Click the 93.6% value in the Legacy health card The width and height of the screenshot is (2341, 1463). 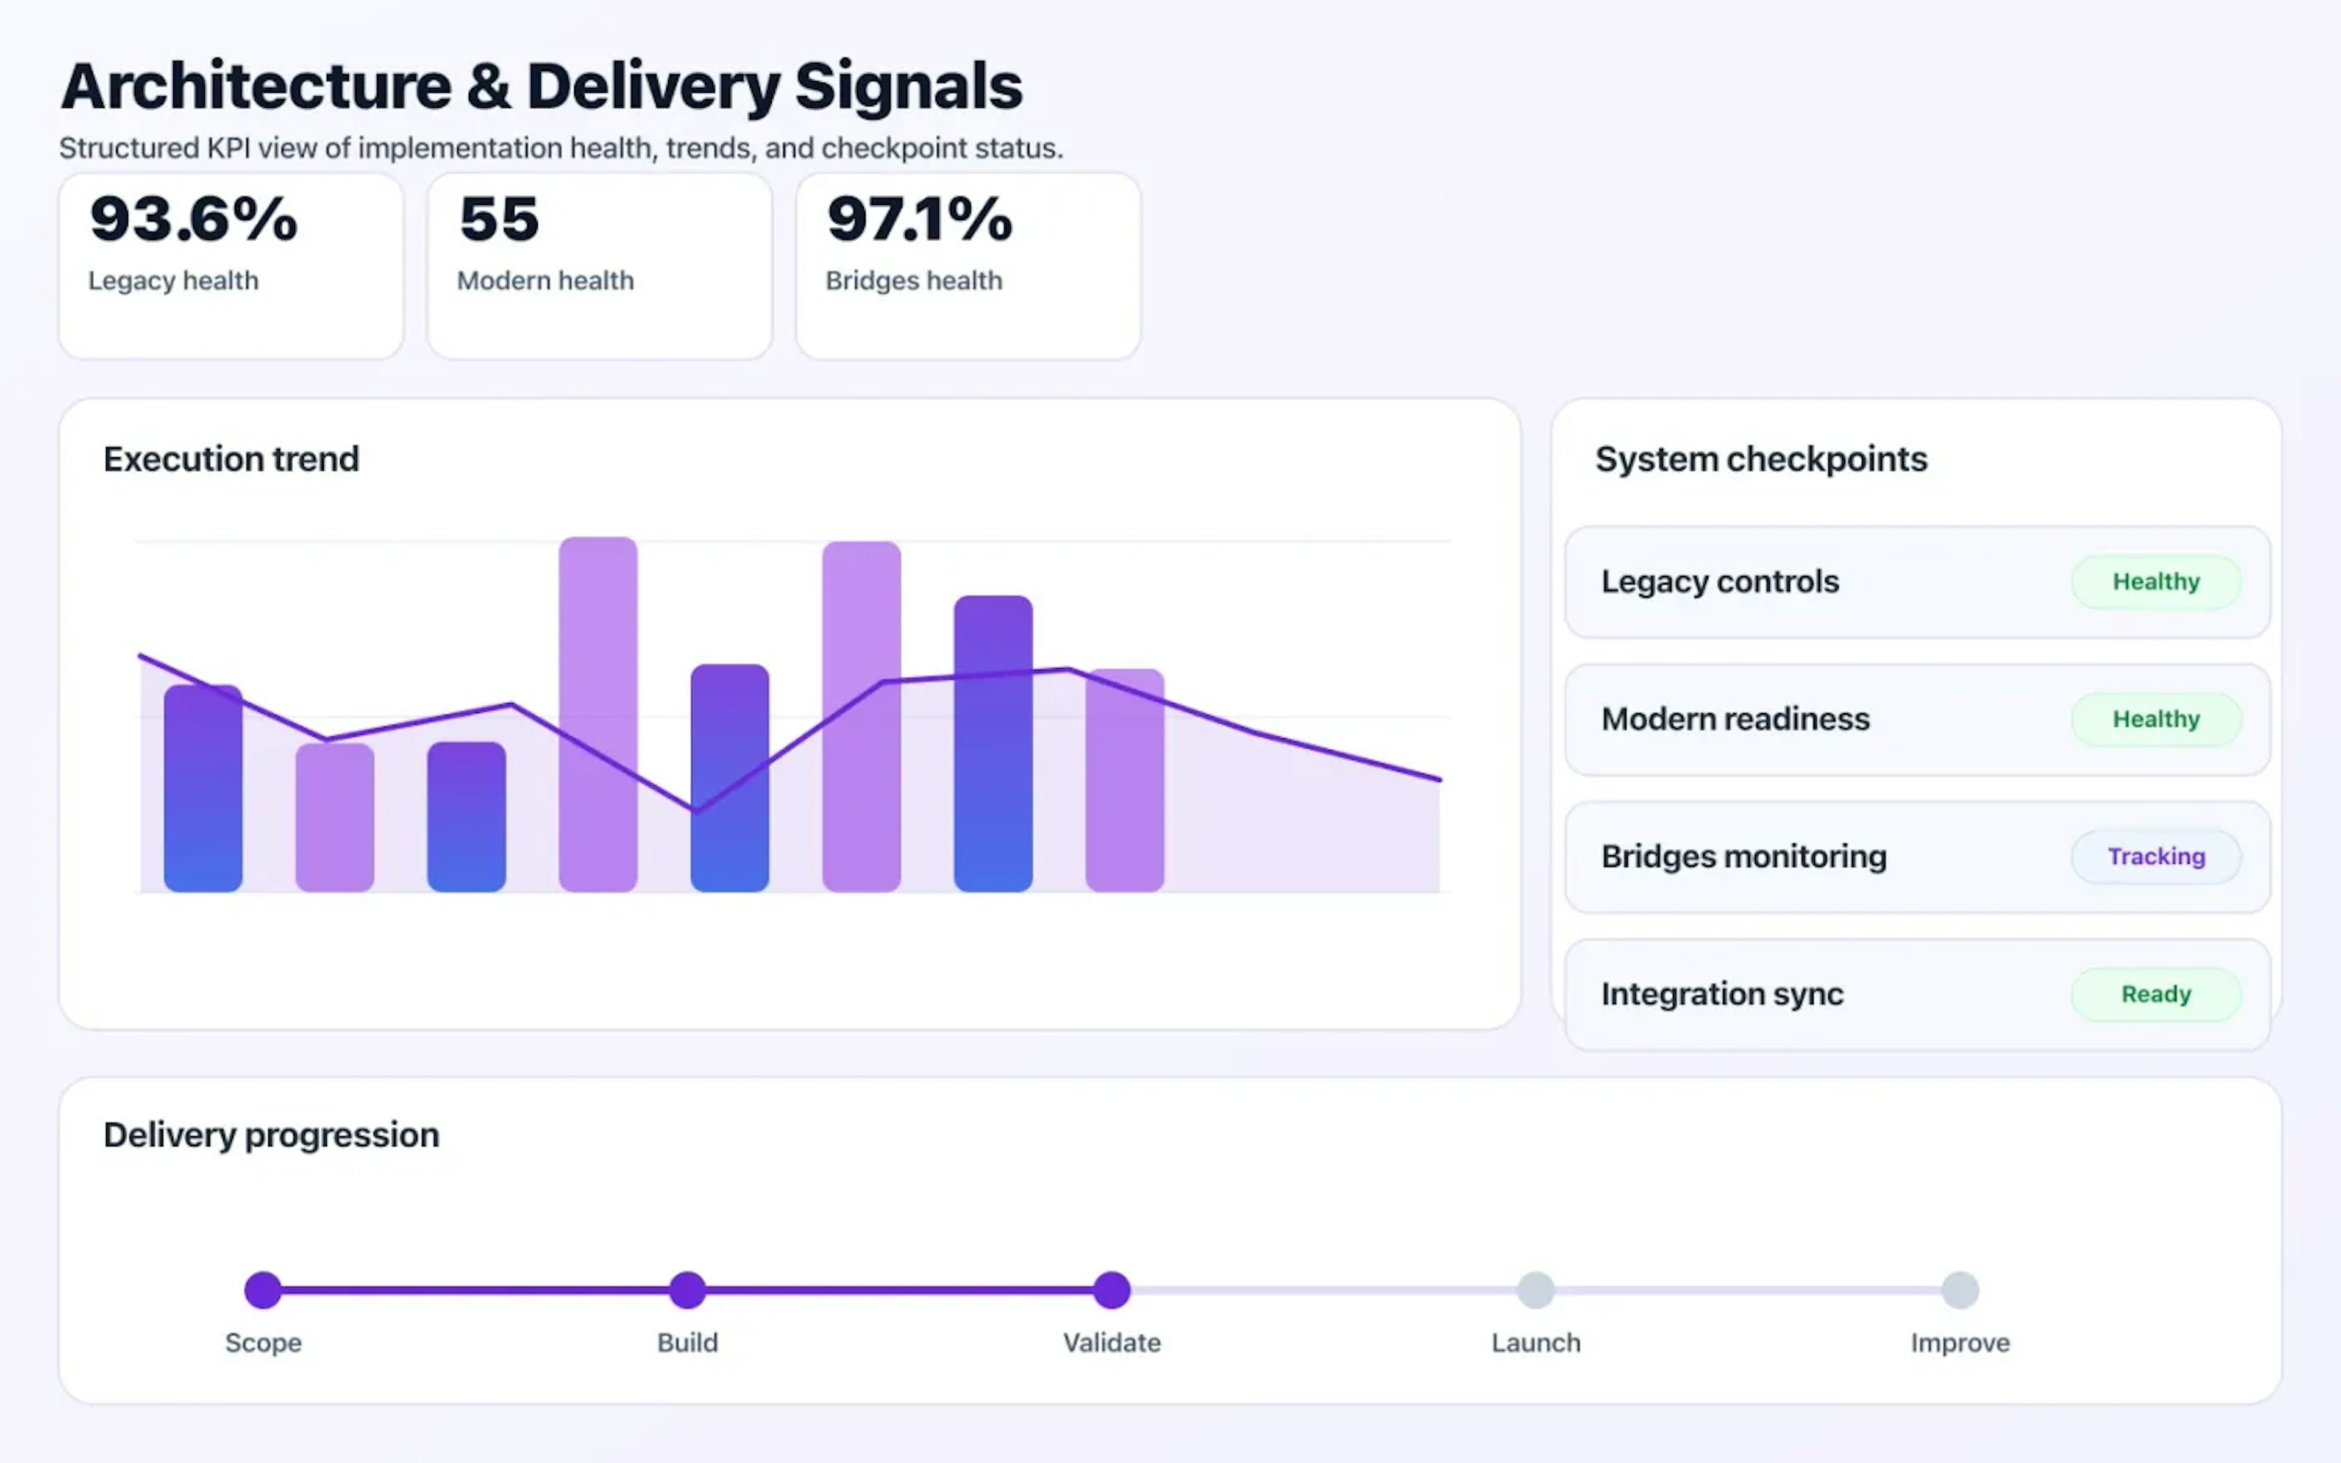coord(193,219)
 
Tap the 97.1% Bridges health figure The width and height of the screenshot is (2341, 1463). coord(919,219)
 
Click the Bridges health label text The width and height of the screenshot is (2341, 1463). coord(913,280)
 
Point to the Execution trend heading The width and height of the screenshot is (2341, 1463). coord(231,458)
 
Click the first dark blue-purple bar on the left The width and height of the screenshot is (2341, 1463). coord(203,789)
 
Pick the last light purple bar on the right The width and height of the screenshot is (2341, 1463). coord(1124,780)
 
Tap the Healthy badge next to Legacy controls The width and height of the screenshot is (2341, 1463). coord(2155,582)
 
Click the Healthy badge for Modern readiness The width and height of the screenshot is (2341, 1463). coord(2155,719)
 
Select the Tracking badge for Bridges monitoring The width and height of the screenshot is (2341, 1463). coord(2155,856)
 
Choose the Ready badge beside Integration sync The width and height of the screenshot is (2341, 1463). coord(2155,994)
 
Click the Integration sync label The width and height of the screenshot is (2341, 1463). coord(1722,994)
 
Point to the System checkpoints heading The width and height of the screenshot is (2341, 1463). coord(1761,458)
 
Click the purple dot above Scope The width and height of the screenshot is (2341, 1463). coord(263,1290)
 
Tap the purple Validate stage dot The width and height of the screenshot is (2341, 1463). coord(1111,1290)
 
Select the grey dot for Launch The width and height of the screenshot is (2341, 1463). coord(1535,1290)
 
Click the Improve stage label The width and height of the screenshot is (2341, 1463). coord(1960,1343)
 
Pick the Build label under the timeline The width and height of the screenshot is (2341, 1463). coord(687,1343)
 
